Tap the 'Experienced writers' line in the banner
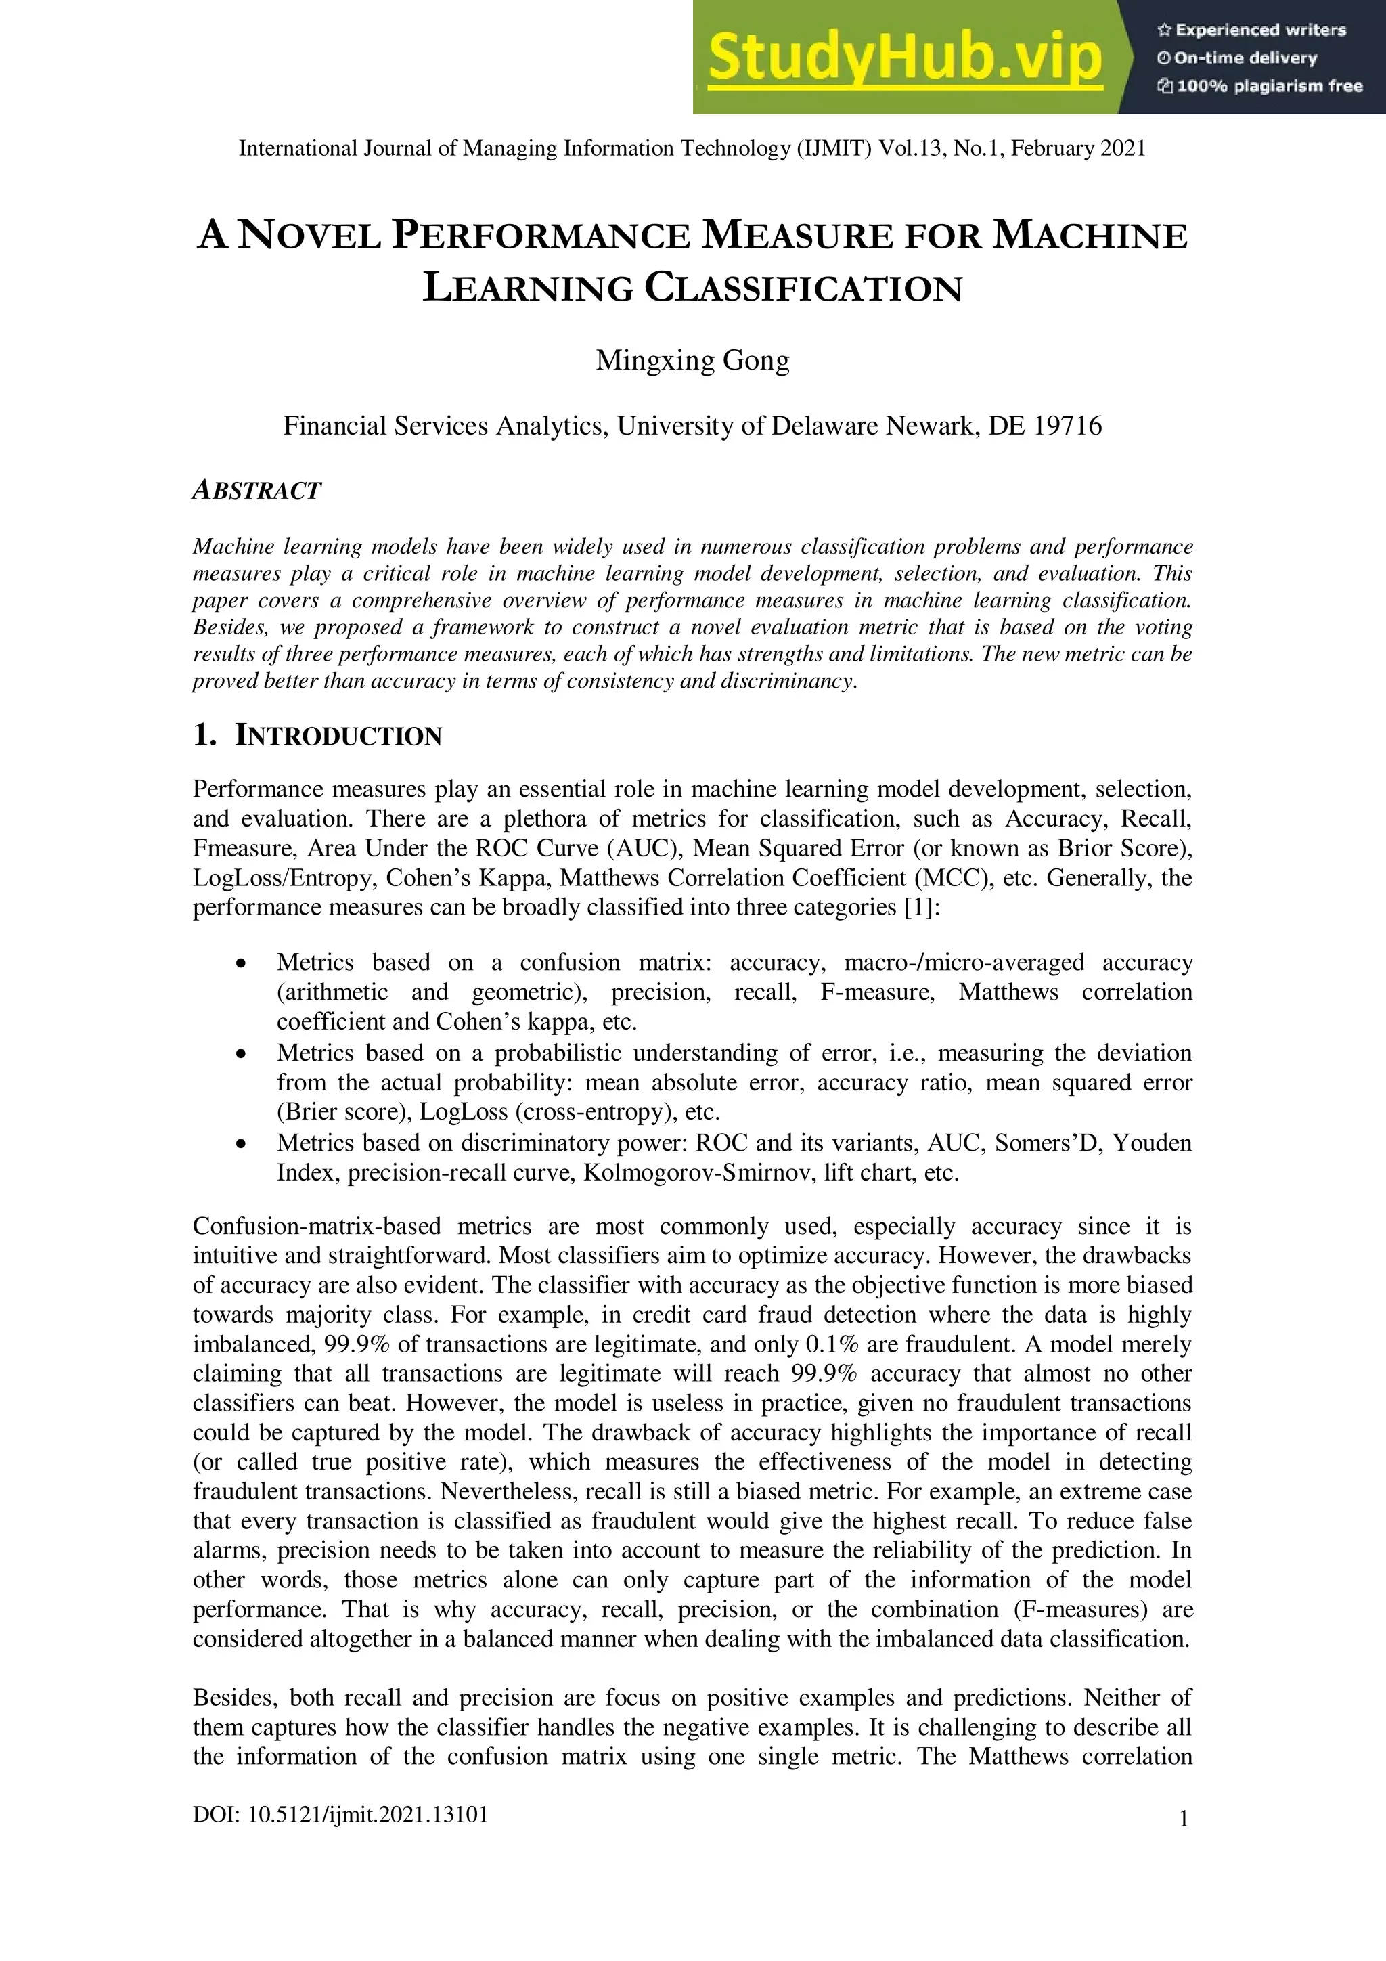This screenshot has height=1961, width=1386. point(1251,30)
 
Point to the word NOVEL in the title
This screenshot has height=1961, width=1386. point(309,235)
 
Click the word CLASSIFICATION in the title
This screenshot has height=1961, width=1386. point(803,288)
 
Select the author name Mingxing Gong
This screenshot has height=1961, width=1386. point(692,359)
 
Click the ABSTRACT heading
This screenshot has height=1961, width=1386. point(256,490)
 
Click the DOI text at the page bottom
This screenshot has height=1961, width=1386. point(340,1815)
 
